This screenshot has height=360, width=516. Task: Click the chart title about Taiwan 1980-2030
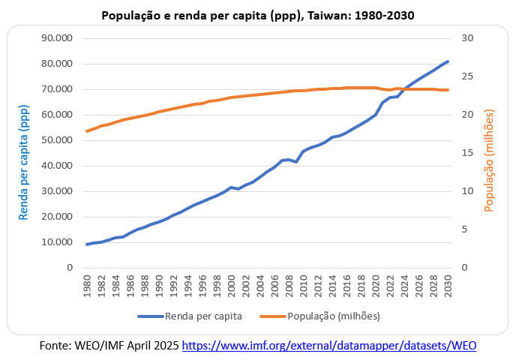(257, 15)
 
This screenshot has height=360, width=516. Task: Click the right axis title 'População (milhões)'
(490, 160)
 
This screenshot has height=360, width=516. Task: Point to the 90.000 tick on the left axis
(55, 38)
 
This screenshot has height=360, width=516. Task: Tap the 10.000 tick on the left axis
(55, 242)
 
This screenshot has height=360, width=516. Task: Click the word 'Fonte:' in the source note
(56, 346)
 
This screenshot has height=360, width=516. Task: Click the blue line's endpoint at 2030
(448, 61)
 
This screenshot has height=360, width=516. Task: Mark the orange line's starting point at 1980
(87, 131)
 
